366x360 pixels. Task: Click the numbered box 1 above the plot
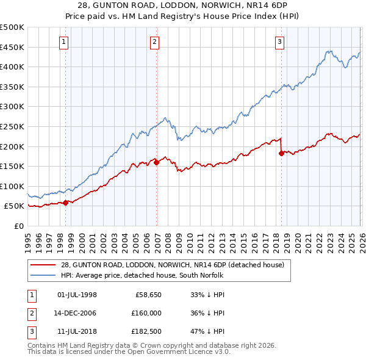pos(65,41)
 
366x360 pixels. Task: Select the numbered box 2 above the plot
pos(155,41)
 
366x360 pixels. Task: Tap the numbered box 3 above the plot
pos(279,41)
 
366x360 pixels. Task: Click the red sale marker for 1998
pos(65,203)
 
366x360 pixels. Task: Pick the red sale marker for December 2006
pos(157,162)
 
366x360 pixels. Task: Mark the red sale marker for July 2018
pos(281,153)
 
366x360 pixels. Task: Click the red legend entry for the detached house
pos(172,265)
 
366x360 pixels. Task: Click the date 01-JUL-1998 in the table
pos(77,295)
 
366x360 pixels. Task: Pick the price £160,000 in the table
pos(145,313)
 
